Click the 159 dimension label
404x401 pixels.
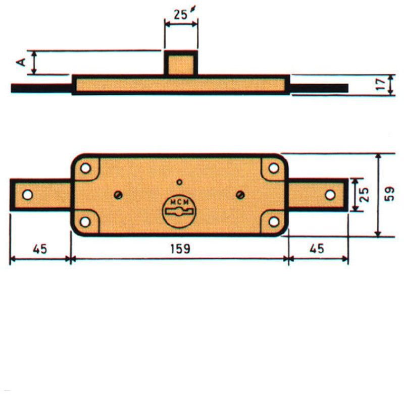(x=180, y=249)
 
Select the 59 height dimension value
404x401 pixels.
(x=389, y=194)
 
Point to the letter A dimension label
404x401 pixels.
(x=21, y=62)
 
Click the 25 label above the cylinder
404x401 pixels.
(x=180, y=15)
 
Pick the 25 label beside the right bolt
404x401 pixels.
(x=365, y=194)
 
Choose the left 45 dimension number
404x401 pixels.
(x=40, y=249)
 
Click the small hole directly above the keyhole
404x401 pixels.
(x=179, y=182)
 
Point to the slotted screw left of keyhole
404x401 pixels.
(x=118, y=195)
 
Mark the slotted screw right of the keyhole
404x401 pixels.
(x=240, y=195)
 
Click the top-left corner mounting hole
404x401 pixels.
(x=85, y=168)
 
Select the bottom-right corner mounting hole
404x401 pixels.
(x=274, y=221)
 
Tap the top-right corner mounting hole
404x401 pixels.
(x=274, y=168)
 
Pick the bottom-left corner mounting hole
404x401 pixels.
(x=85, y=221)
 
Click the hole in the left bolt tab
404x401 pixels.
(x=27, y=195)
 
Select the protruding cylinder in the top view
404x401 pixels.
(x=181, y=63)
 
